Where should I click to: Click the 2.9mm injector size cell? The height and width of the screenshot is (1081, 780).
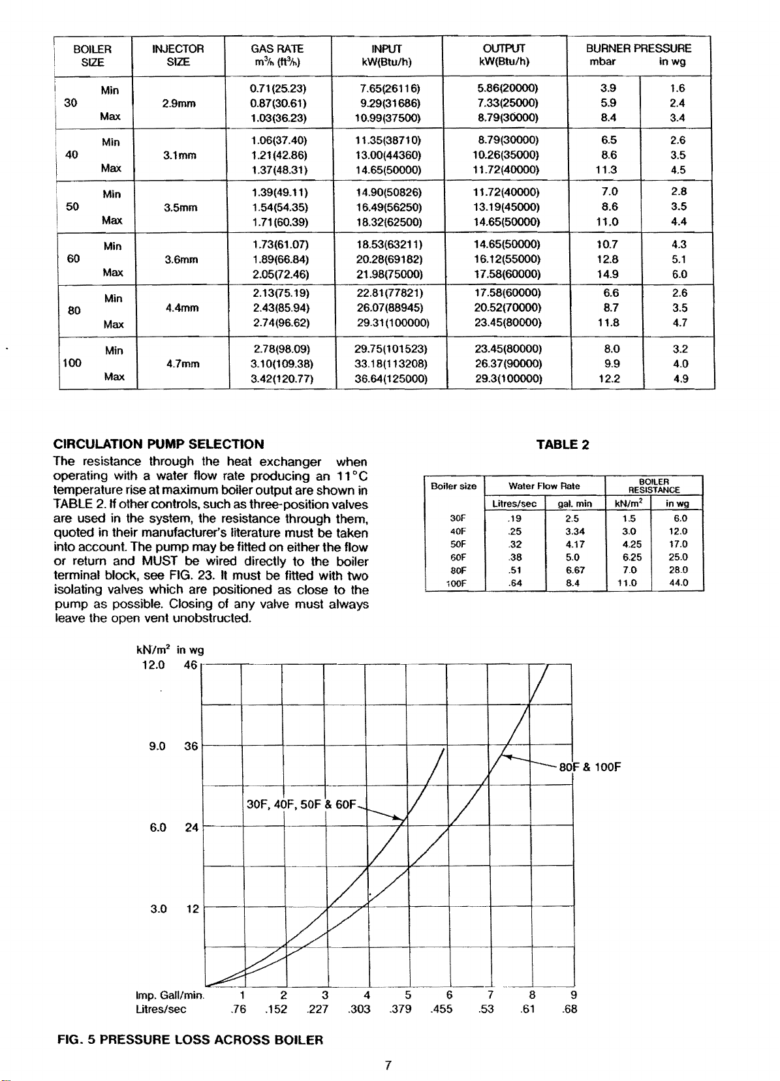179,103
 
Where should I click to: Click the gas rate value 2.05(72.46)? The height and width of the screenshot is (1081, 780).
280,274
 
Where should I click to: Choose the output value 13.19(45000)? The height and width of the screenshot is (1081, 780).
507,207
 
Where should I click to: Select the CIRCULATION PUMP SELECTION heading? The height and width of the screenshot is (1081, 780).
159,444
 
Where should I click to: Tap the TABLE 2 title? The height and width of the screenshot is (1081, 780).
563,445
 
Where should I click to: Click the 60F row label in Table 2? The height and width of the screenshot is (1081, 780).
458,557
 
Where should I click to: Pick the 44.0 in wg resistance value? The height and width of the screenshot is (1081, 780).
679,583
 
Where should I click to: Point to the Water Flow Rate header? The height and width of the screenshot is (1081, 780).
544,486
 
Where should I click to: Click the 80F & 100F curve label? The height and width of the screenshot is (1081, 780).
589,767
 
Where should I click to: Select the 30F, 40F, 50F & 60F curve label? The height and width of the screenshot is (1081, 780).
301,804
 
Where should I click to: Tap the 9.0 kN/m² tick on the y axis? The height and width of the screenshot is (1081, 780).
157,746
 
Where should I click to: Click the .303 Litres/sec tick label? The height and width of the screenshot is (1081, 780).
360,1009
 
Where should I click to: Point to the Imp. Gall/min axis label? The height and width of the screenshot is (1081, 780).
170,996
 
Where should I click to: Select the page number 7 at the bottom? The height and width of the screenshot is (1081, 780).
388,1065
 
